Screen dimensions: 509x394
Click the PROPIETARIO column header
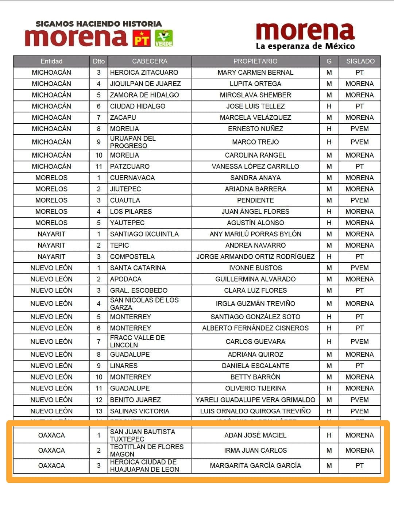pyautogui.click(x=255, y=61)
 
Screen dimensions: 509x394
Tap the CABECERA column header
pyautogui.click(x=150, y=61)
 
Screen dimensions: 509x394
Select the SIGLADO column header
pyautogui.click(x=360, y=61)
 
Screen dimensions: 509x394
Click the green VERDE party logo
pyautogui.click(x=164, y=38)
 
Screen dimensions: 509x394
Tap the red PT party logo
pyautogui.click(x=142, y=38)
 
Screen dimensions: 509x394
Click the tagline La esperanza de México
pyautogui.click(x=305, y=46)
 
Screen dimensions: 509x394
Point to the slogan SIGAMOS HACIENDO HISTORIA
pyautogui.click(x=98, y=24)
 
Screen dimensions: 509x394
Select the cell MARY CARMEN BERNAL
pyautogui.click(x=255, y=73)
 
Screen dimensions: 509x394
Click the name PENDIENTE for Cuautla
pyautogui.click(x=255, y=200)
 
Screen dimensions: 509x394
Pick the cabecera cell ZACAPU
pyautogui.click(x=123, y=117)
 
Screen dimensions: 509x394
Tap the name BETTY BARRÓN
pyautogui.click(x=255, y=377)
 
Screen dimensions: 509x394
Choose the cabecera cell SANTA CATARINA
pyautogui.click(x=138, y=268)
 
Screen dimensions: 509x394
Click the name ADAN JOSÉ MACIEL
pyautogui.click(x=255, y=435)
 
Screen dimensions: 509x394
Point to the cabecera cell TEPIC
pyautogui.click(x=120, y=245)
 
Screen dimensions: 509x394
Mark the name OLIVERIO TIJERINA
pyautogui.click(x=255, y=388)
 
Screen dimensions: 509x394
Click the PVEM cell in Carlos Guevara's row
pyautogui.click(x=360, y=342)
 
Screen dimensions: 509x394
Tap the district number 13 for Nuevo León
pyautogui.click(x=99, y=411)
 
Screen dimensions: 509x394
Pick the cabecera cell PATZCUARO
pyautogui.click(x=130, y=166)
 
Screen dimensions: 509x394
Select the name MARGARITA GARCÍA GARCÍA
pyautogui.click(x=255, y=466)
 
